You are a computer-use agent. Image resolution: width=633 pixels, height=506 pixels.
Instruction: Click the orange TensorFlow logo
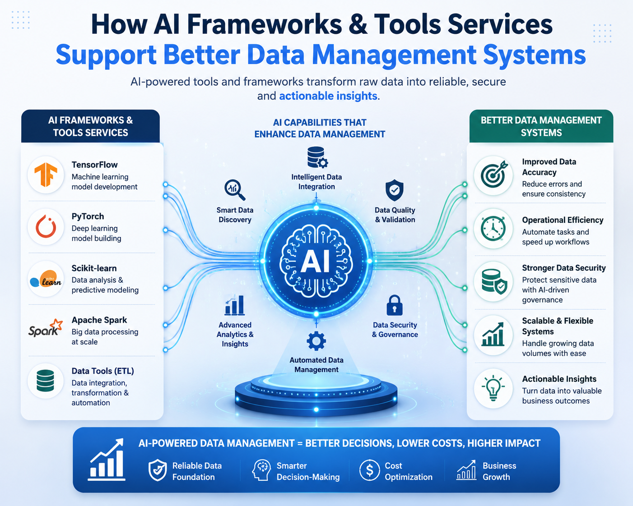click(x=46, y=175)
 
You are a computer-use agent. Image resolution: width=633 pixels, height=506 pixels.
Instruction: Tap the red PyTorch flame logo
click(x=46, y=226)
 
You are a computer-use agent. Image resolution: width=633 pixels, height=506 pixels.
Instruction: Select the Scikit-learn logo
click(x=46, y=279)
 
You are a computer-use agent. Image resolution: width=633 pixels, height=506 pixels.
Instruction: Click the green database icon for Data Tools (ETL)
click(x=45, y=381)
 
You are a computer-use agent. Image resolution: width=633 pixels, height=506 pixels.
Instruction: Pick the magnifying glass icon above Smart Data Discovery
click(x=235, y=190)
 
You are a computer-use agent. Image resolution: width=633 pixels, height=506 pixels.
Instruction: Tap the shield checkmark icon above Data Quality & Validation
click(x=395, y=190)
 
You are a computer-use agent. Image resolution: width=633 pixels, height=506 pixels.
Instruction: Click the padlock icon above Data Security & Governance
click(x=395, y=305)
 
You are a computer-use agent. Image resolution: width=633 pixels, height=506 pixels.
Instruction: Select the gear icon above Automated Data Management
click(x=316, y=341)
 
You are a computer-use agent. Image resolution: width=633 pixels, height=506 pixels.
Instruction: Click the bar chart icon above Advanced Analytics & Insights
click(x=234, y=305)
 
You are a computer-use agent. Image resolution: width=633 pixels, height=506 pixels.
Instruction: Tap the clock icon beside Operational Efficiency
click(x=493, y=229)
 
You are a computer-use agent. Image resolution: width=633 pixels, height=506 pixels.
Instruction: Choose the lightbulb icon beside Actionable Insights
click(x=493, y=388)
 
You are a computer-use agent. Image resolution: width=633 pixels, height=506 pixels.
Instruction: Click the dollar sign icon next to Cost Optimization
click(x=369, y=470)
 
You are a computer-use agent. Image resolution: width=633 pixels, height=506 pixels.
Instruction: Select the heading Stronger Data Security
click(x=563, y=268)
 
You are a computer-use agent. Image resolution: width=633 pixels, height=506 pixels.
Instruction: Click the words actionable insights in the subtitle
click(x=328, y=96)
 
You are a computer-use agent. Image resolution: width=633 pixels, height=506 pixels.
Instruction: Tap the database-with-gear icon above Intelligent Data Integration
click(x=317, y=157)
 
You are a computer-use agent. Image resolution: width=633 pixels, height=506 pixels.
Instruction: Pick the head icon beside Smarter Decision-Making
click(x=261, y=470)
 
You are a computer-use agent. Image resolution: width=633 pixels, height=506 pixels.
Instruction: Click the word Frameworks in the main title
click(x=264, y=25)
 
